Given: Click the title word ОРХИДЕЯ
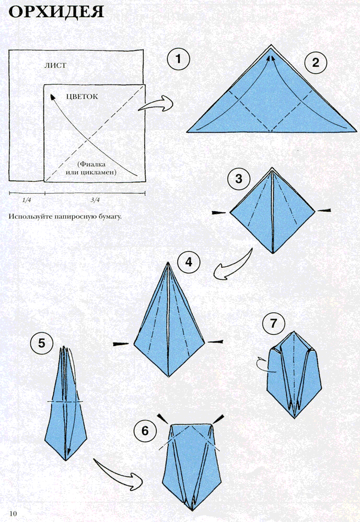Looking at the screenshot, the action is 56,11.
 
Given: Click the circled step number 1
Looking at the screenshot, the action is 178,60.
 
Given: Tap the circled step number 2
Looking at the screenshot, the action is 316,63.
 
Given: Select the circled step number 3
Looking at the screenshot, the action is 239,179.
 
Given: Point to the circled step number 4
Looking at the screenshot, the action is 189,263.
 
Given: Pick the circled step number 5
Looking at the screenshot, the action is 42,343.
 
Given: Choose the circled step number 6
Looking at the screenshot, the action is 145,431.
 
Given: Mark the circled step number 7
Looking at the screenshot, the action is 274,323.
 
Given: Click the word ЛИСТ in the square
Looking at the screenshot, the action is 55,65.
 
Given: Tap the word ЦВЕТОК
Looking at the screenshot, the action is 82,97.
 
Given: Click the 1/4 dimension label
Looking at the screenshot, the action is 26,200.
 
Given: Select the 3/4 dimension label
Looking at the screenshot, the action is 95,200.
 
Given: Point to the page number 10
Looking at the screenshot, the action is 13,513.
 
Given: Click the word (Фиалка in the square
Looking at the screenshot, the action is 91,164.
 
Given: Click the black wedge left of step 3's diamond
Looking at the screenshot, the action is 219,212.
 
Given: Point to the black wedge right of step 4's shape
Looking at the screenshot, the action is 215,341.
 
